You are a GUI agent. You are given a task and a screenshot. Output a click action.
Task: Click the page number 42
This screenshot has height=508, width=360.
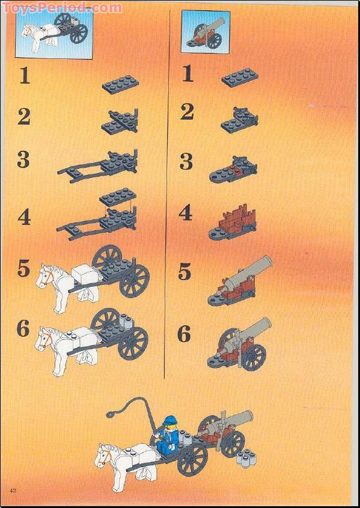click(13, 489)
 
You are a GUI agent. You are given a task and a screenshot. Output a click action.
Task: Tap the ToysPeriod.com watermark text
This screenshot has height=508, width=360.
click(62, 7)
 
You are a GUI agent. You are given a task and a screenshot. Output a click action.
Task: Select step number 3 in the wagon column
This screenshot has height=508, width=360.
click(23, 160)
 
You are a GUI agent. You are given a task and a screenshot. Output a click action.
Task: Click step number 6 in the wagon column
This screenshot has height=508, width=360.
click(23, 328)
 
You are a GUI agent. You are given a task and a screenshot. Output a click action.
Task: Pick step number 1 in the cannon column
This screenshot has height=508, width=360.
click(188, 74)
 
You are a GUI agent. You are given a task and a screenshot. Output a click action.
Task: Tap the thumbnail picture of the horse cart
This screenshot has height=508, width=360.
click(54, 34)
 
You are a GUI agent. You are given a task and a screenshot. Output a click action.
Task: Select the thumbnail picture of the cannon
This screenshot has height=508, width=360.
click(206, 31)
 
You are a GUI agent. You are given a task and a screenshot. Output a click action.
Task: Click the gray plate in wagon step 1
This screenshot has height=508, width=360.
click(120, 84)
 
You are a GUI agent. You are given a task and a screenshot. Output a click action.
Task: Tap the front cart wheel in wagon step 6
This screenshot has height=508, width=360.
click(133, 343)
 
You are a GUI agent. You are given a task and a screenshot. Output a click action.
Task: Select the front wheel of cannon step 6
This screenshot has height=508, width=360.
click(254, 357)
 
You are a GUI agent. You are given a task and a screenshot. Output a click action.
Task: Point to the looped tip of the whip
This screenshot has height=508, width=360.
click(112, 414)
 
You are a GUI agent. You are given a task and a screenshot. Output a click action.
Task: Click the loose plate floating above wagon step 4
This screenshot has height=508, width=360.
click(118, 197)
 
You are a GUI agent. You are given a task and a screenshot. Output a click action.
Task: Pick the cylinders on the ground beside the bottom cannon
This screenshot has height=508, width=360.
click(246, 457)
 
